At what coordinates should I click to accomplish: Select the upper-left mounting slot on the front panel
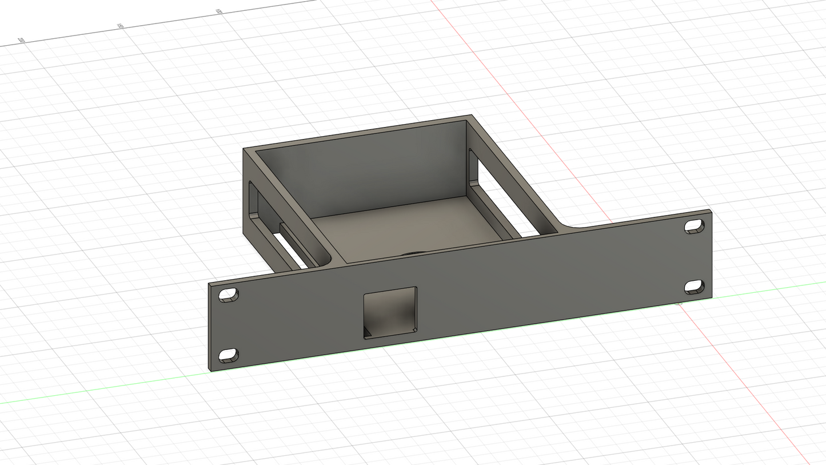pyautogui.click(x=229, y=295)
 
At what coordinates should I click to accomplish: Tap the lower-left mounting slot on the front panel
pyautogui.click(x=229, y=355)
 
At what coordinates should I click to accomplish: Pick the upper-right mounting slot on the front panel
pyautogui.click(x=694, y=226)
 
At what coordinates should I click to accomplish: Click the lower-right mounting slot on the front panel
pyautogui.click(x=694, y=287)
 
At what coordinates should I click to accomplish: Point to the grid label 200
pyautogui.click(x=21, y=40)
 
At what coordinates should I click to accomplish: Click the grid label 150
pyautogui.click(x=120, y=26)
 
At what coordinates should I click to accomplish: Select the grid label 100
pyautogui.click(x=218, y=11)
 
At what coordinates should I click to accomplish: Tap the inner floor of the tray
pyautogui.click(x=400, y=229)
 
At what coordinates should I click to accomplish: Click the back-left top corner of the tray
pyautogui.click(x=244, y=149)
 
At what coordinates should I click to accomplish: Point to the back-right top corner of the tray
pyautogui.click(x=470, y=116)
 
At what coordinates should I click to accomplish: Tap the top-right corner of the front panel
pyautogui.click(x=711, y=210)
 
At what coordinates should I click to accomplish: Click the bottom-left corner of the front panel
pyautogui.click(x=210, y=371)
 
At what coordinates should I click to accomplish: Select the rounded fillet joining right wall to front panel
pyautogui.click(x=566, y=225)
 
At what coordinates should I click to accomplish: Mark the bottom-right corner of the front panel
pyautogui.click(x=712, y=296)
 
